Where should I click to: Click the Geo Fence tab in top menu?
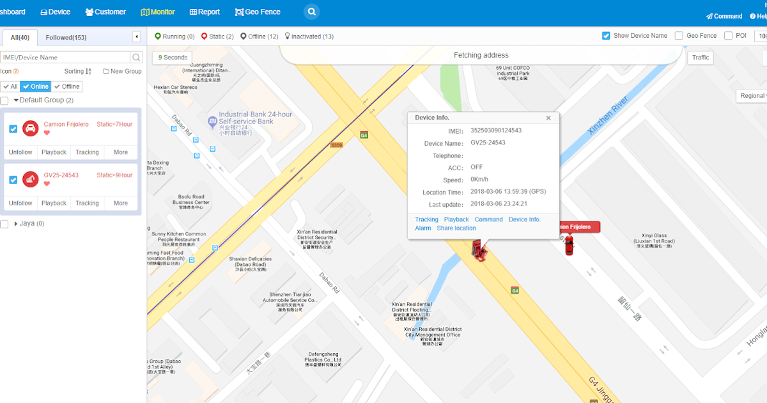(x=258, y=12)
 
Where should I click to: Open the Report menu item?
(x=205, y=12)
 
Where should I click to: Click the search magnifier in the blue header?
(x=311, y=12)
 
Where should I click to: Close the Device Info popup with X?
(x=548, y=118)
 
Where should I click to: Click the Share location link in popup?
(x=456, y=228)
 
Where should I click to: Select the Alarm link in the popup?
(x=423, y=228)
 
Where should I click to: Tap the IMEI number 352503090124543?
(x=496, y=130)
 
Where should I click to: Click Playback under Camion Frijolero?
(x=54, y=152)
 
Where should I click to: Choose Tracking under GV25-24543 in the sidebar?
(x=87, y=203)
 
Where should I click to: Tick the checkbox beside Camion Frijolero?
(x=13, y=129)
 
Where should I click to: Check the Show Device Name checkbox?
(x=606, y=36)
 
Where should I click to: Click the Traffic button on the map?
(x=701, y=58)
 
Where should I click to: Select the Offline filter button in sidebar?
(x=67, y=86)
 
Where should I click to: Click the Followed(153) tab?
(x=66, y=38)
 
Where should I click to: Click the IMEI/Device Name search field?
(x=65, y=58)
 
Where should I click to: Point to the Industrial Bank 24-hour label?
(x=255, y=118)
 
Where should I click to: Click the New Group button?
(x=122, y=72)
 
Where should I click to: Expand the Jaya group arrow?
(x=16, y=224)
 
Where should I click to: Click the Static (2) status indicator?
(x=217, y=36)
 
